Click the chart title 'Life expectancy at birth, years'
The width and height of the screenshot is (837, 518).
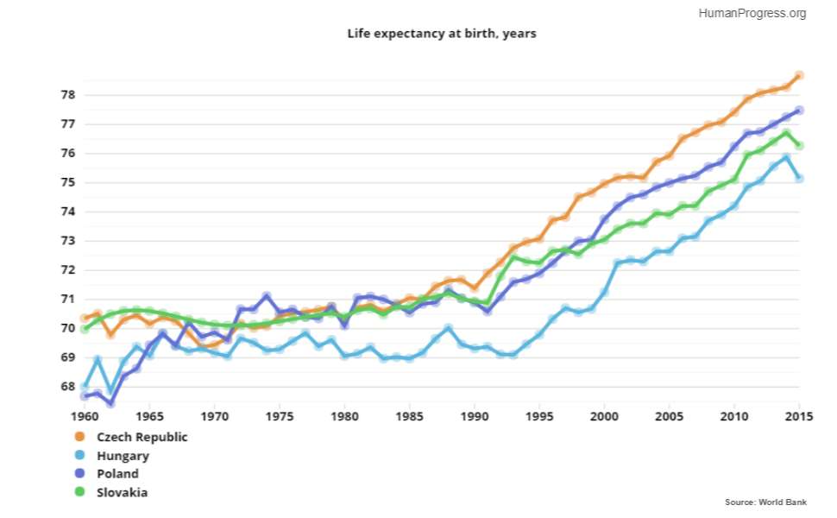(x=442, y=34)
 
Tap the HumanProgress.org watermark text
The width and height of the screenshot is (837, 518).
(x=752, y=13)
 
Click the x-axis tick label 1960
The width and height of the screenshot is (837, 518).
(x=85, y=414)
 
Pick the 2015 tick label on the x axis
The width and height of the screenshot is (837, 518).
(x=799, y=414)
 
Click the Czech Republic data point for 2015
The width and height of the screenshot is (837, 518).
(x=799, y=76)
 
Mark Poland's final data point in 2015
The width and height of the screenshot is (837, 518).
(x=799, y=111)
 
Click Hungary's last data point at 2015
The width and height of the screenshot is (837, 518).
(x=799, y=178)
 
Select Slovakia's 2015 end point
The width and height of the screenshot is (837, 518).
(x=799, y=146)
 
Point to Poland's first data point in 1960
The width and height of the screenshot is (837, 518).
(x=85, y=396)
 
